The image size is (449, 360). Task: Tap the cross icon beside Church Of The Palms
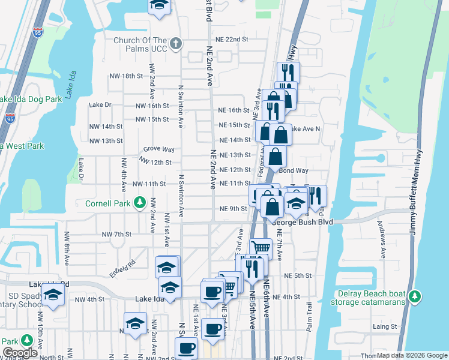(x=176, y=44)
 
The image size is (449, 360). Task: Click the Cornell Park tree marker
(x=140, y=202)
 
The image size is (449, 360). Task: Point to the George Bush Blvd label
(x=303, y=222)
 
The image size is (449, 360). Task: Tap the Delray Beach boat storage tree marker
(x=414, y=296)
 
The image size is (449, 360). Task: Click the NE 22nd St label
(x=232, y=39)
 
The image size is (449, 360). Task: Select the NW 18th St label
(x=126, y=76)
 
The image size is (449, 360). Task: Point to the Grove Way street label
(x=158, y=149)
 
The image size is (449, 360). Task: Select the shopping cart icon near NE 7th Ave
(x=261, y=247)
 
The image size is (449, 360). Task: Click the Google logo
(x=20, y=353)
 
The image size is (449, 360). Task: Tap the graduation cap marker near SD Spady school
(x=53, y=295)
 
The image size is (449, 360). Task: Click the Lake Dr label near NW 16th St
(x=100, y=104)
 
